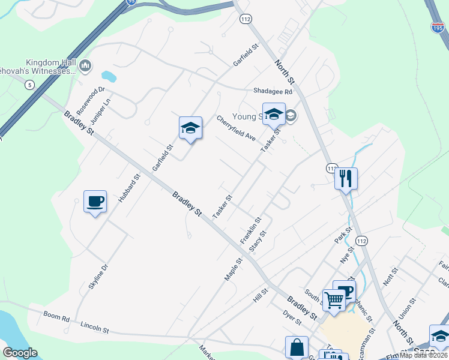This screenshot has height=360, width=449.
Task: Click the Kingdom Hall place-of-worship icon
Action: [x=85, y=65]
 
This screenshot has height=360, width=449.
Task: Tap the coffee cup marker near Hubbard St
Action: [x=95, y=202]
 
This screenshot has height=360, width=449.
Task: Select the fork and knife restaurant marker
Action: [x=346, y=178]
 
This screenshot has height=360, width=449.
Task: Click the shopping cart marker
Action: [x=334, y=299]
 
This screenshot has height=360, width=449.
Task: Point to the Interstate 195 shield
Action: [x=438, y=28]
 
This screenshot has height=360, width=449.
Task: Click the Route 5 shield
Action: [x=29, y=85]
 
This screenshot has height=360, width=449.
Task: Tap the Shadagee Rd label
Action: [x=272, y=91]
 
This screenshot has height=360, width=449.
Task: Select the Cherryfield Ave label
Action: [x=237, y=128]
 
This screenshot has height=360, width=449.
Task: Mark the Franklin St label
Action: [x=250, y=230]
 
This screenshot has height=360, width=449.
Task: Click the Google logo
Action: [x=20, y=353]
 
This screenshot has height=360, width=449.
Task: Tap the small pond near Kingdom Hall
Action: [x=109, y=76]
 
